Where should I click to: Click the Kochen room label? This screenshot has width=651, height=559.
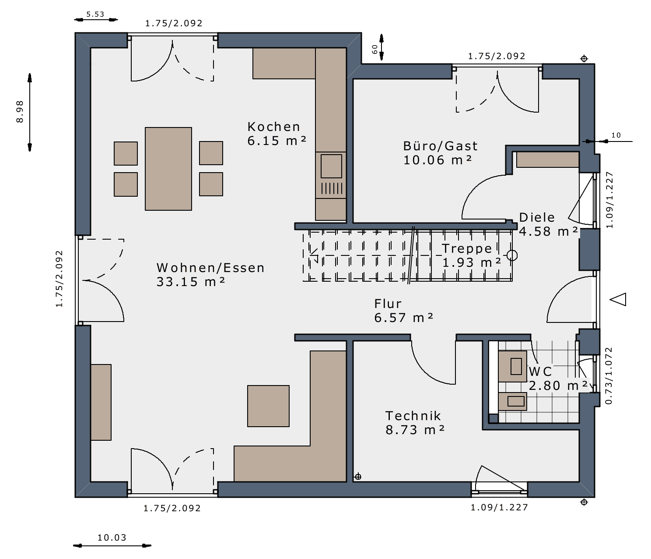point(273,127)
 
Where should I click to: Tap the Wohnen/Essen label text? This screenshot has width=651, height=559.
point(210,268)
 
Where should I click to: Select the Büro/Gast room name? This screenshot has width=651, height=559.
point(440,146)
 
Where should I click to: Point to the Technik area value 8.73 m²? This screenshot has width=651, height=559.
point(415,430)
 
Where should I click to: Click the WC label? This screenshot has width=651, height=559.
point(540,371)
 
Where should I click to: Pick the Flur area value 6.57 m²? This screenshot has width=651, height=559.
point(404,317)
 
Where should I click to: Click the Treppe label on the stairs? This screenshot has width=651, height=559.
point(467,248)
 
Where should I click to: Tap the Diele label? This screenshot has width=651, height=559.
point(537,217)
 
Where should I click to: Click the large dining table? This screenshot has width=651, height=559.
point(168,169)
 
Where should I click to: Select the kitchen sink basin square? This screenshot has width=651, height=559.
point(331,166)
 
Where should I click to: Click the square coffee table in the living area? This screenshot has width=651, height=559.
point(268,406)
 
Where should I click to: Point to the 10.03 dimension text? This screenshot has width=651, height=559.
point(112,538)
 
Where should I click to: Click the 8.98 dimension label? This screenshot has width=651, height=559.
point(20,111)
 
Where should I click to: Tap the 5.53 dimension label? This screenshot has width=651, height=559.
point(95,14)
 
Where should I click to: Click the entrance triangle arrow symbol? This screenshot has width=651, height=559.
point(618,299)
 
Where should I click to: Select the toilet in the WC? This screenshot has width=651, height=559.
point(512,366)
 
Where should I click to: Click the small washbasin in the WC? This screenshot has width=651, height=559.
point(512,401)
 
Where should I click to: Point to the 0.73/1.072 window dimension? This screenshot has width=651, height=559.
point(609,375)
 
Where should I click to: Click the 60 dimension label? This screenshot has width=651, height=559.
point(374,49)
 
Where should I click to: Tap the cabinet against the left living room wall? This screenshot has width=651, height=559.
point(101,402)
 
